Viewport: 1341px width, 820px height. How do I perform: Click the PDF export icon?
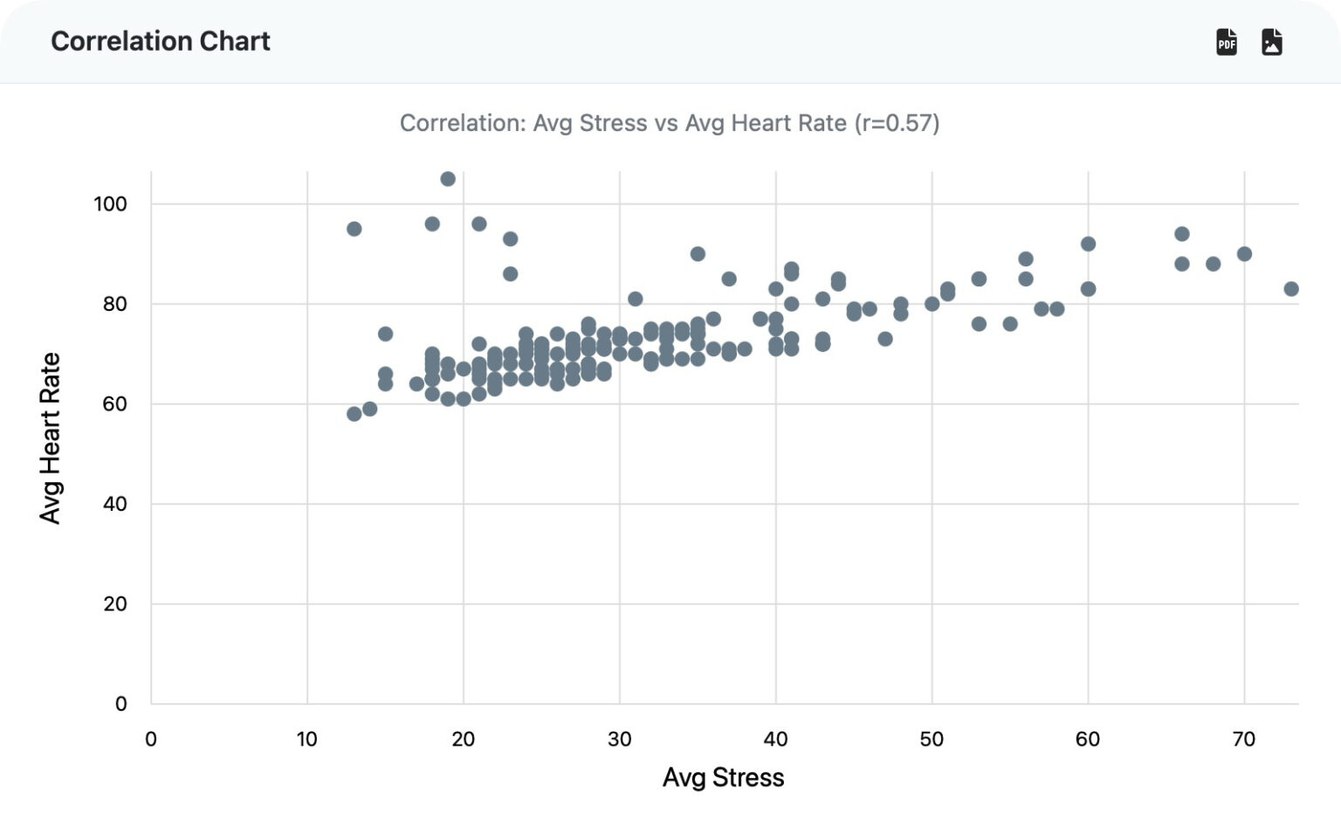1227,41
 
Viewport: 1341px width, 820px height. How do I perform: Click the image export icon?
1272,41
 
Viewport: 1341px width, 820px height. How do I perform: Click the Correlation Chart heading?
161,41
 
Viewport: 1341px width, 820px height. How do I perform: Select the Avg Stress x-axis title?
723,777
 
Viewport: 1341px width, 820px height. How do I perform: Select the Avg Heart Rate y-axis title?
51,438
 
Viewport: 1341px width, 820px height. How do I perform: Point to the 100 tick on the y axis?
110,203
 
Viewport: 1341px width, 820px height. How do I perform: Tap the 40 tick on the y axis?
115,504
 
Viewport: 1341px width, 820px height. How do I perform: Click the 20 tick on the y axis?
115,603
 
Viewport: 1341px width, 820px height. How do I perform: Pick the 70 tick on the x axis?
1243,739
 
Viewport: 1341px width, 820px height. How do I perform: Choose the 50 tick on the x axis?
932,739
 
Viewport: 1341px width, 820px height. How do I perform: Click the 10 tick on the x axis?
306,739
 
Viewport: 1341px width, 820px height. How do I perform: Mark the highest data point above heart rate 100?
448,179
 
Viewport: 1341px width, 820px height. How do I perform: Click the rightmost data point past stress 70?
1291,289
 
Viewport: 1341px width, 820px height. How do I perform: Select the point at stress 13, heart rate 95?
354,229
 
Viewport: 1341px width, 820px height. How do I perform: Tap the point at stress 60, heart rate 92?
1088,244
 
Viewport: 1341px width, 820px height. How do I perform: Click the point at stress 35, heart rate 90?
698,254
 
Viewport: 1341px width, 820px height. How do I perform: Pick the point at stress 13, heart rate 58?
354,414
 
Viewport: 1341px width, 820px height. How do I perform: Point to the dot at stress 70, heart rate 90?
1244,254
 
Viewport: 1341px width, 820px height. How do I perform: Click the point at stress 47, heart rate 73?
885,339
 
